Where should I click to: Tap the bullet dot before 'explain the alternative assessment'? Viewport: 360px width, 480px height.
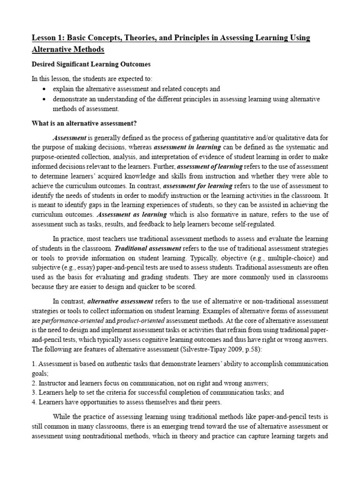pos(44,89)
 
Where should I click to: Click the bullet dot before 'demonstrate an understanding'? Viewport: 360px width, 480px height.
pos(44,99)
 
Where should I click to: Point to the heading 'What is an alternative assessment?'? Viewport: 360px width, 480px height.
pos(84,123)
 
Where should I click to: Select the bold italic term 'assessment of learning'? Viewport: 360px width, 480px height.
pos(210,166)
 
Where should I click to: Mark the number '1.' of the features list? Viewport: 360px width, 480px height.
pos(34,364)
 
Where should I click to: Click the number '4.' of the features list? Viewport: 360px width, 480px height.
pos(34,402)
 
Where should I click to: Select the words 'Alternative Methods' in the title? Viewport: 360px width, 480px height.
pos(68,49)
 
